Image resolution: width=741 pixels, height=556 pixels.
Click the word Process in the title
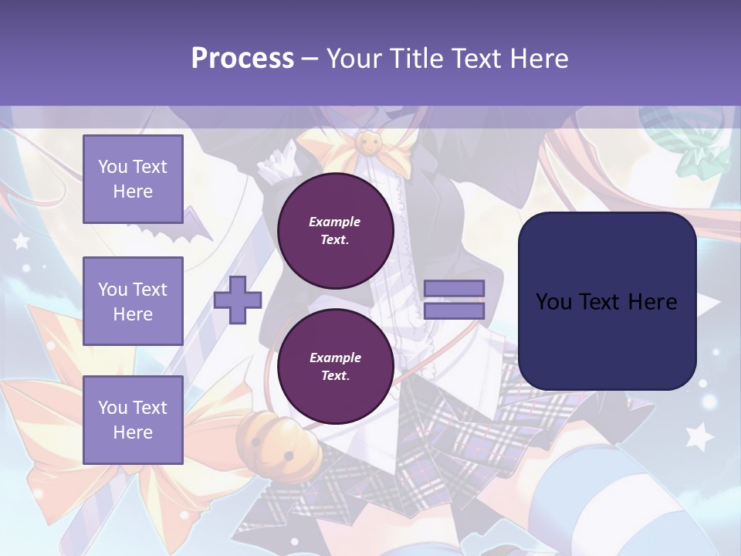(242, 59)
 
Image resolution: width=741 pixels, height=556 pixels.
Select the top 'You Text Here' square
(133, 179)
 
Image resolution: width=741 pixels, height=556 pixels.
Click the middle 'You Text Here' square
(133, 301)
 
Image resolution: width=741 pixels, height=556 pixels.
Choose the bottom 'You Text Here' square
(133, 420)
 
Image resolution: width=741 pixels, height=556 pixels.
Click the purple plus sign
(238, 300)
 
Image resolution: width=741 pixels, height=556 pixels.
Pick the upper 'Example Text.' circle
(335, 231)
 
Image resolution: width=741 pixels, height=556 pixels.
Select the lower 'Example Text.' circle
(335, 367)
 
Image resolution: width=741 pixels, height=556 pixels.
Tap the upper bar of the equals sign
(454, 289)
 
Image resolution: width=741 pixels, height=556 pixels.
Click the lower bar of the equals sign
(454, 311)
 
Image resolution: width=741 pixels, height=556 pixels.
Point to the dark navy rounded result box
(607, 301)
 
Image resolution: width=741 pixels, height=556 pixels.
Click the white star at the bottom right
(699, 437)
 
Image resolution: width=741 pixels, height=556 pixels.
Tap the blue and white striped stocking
(587, 494)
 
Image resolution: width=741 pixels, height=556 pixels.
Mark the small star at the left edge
(21, 241)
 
